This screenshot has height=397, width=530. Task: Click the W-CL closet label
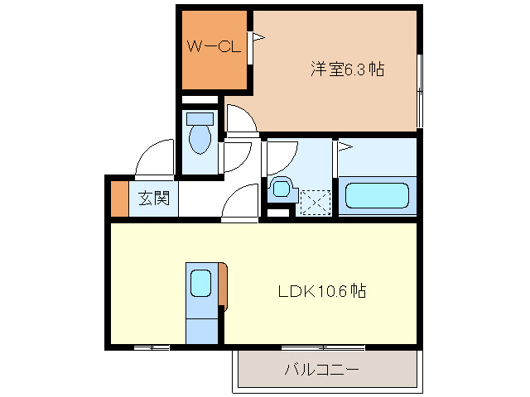click(x=213, y=48)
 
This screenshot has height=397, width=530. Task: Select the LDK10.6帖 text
click(x=322, y=291)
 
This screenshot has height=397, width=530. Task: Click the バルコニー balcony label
click(x=322, y=369)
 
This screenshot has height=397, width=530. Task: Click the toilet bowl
click(x=200, y=139)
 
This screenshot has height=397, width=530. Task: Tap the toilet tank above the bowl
click(x=200, y=118)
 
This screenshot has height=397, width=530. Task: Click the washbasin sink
click(x=281, y=189)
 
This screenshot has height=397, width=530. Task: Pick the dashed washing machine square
click(x=315, y=202)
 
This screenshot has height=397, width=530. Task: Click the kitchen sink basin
click(x=200, y=284)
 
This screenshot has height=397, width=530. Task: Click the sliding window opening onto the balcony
click(x=322, y=347)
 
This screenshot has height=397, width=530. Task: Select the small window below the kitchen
click(x=152, y=347)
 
